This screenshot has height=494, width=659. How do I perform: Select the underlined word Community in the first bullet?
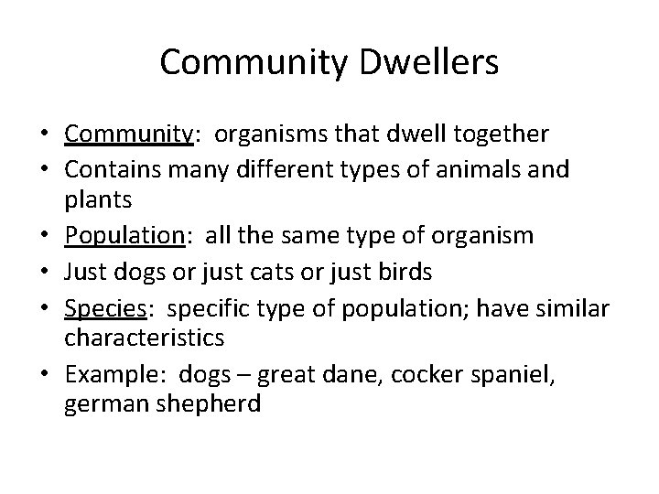[x=126, y=134]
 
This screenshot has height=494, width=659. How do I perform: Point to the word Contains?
[x=111, y=168]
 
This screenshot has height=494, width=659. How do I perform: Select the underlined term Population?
[x=124, y=235]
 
